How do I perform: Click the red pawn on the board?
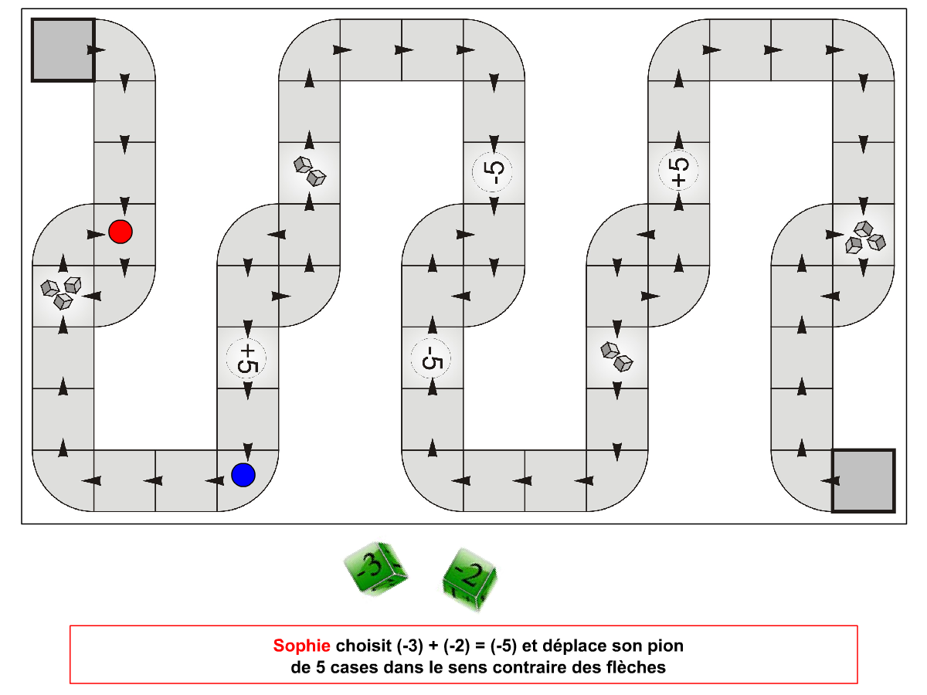click(121, 232)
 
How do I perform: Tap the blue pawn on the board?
click(243, 475)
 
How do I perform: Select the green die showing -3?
click(375, 568)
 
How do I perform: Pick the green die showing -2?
click(470, 579)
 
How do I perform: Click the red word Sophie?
click(301, 646)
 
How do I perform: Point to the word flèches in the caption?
click(636, 667)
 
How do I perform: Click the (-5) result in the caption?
click(504, 646)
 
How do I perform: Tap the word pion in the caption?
click(666, 647)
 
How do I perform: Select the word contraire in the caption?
click(530, 667)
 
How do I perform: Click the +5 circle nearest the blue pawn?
click(246, 358)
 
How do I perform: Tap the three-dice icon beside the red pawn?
click(61, 293)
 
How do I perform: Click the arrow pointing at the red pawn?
click(96, 234)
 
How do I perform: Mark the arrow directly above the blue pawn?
click(248, 451)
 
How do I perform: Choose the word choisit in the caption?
click(364, 646)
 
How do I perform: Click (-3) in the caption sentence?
click(409, 646)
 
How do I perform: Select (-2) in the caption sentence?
click(457, 646)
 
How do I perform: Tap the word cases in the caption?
click(355, 667)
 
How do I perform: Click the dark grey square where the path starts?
click(63, 49)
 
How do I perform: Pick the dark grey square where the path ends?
click(863, 480)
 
